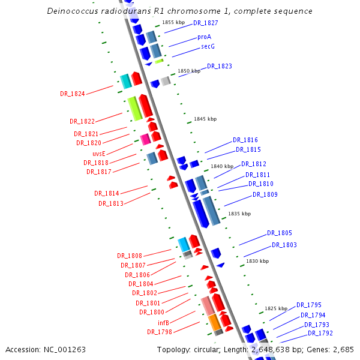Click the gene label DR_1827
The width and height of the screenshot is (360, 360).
(206, 23)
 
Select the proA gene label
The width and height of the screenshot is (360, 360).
(204, 37)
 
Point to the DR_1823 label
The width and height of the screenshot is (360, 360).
(220, 66)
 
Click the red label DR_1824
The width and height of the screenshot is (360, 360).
(73, 94)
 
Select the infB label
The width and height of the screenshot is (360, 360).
(163, 323)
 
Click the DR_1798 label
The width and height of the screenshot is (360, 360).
(160, 332)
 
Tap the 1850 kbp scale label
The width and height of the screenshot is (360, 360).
(188, 71)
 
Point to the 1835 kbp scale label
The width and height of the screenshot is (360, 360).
(239, 214)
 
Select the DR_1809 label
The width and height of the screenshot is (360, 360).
(265, 194)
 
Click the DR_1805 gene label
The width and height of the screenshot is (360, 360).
(280, 233)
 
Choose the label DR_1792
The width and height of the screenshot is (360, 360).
(320, 333)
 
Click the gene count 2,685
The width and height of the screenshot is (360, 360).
(343, 349)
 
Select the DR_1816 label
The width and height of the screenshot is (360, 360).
(245, 140)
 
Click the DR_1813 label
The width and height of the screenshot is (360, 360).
(111, 203)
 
